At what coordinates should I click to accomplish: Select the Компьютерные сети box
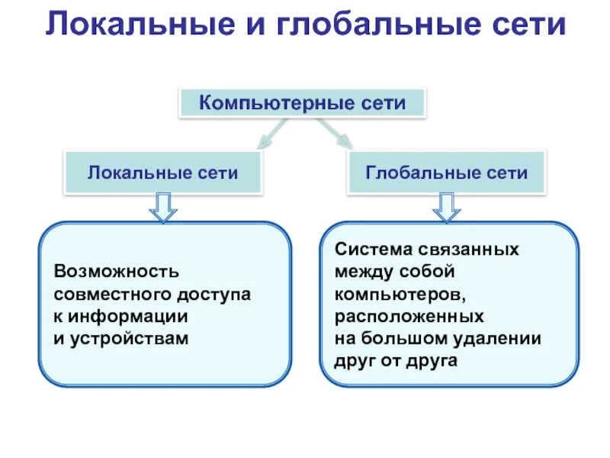coord(302,103)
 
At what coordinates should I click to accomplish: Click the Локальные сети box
coord(163,173)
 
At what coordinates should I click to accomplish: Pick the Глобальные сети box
coord(447,173)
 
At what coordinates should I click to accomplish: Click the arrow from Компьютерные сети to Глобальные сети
coord(335,134)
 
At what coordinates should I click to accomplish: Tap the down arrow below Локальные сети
coord(163,206)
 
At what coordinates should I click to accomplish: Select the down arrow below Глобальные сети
coord(447,206)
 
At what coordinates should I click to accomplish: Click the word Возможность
coord(116,272)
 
